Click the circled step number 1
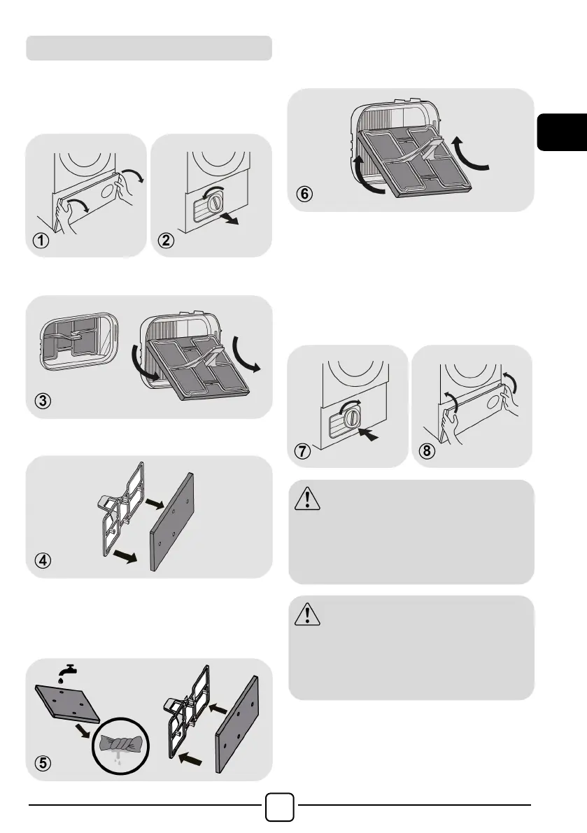[41, 241]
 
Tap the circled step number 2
[166, 241]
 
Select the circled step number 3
[43, 401]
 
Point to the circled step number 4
[43, 560]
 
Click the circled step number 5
[43, 763]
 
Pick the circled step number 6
[304, 194]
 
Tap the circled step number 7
[302, 451]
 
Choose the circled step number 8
[427, 451]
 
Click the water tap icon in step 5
[67, 672]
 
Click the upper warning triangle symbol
[307, 498]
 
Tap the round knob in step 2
[213, 202]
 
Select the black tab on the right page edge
[562, 131]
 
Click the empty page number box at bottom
[279, 807]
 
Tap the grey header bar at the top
[149, 48]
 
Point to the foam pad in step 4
[171, 522]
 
